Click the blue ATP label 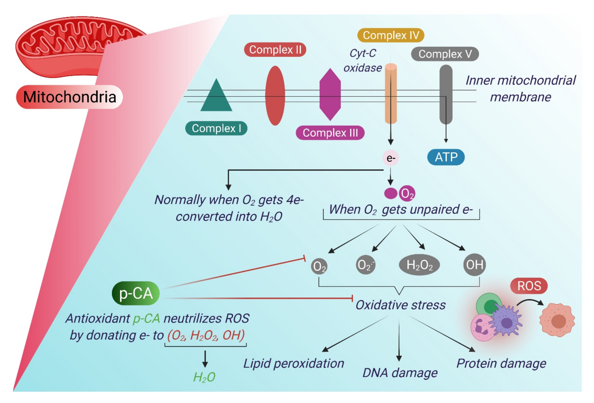pyautogui.click(x=446, y=157)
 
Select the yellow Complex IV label pyautogui.click(x=391, y=35)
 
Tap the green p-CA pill pyautogui.click(x=136, y=293)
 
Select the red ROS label pyautogui.click(x=529, y=286)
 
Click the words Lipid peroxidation pyautogui.click(x=294, y=363)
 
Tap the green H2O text pyautogui.click(x=204, y=377)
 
